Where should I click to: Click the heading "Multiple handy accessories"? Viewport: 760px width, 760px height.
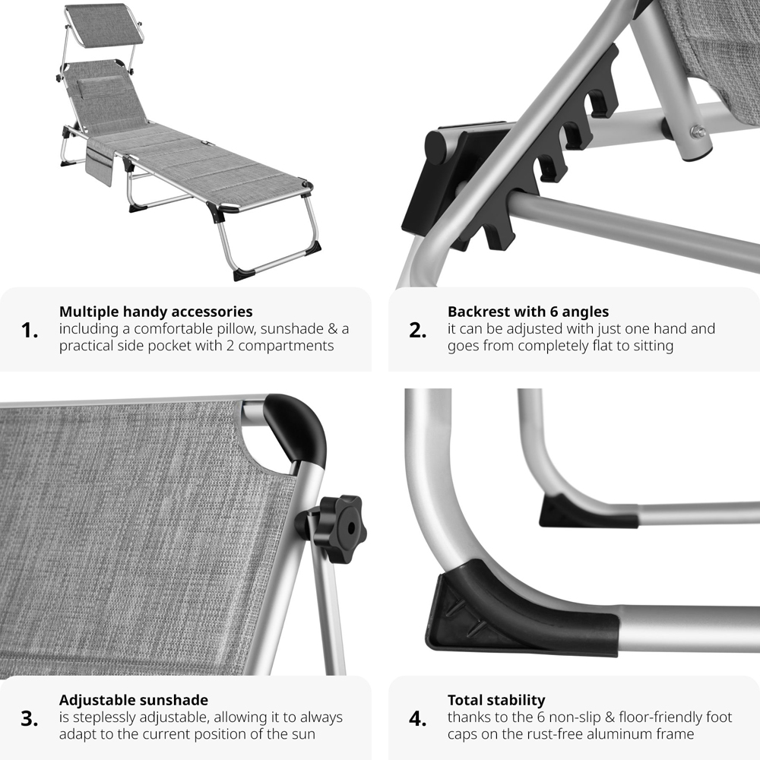click(156, 311)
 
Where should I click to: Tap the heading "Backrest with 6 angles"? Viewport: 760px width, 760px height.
click(528, 311)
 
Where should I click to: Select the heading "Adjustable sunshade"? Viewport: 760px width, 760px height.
click(133, 700)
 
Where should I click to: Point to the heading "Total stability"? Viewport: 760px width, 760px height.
click(496, 700)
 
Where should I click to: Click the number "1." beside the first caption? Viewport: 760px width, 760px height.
click(30, 331)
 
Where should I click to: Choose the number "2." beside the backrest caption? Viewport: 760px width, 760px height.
click(418, 331)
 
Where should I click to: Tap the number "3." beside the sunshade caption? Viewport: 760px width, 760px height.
click(30, 718)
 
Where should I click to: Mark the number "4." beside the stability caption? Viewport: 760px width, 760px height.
click(418, 718)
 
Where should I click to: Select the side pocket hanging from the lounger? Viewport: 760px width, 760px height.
click(100, 163)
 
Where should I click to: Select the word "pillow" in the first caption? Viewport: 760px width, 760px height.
click(234, 329)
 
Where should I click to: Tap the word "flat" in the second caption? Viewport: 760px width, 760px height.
click(599, 346)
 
